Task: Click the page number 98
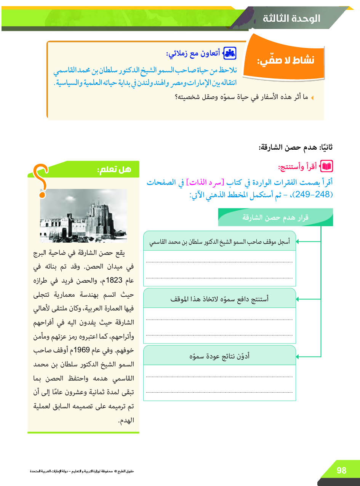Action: coord(341,470)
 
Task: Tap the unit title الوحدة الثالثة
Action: coord(291,19)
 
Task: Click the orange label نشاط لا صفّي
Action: coord(286,61)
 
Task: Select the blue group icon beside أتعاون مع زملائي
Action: coord(229,53)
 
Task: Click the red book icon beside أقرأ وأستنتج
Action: coord(327,166)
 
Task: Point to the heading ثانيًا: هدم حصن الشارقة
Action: coord(296,147)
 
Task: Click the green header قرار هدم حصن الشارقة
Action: coord(275,217)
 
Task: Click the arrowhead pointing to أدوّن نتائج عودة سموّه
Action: coord(298,357)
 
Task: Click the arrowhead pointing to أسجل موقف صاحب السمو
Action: coord(298,241)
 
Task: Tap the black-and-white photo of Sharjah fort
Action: coord(83,216)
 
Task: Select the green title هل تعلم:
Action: coord(114,169)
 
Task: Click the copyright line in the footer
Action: coord(82,471)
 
